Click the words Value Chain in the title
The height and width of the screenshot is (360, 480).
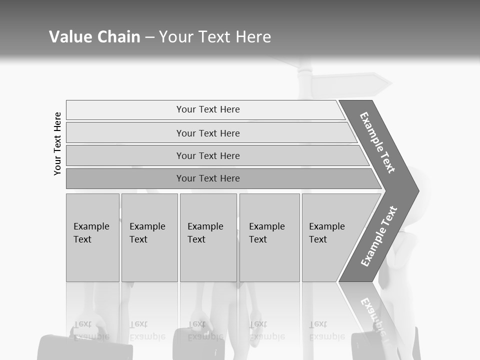point(94,36)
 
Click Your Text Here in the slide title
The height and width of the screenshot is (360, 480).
point(215,36)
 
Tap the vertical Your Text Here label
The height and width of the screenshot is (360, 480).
point(57,143)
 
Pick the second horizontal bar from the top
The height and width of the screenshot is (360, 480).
point(208,133)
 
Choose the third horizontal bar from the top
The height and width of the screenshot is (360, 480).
point(208,155)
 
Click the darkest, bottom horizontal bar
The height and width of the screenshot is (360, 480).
point(208,178)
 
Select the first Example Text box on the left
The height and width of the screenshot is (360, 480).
point(92,237)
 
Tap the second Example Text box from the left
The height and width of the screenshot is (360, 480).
point(149,237)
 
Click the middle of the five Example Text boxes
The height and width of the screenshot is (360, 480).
point(208,237)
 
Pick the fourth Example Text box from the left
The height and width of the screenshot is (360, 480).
point(269,237)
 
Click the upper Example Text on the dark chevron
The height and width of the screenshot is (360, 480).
point(377,142)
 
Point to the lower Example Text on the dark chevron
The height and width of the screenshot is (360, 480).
point(379,236)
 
